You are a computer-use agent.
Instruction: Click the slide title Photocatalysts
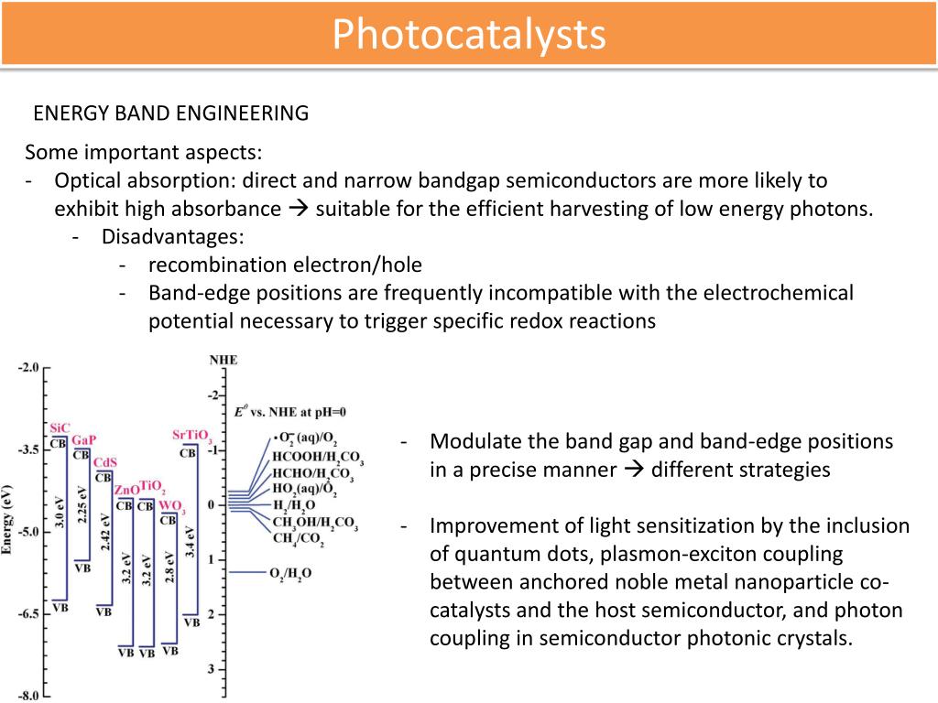point(468,35)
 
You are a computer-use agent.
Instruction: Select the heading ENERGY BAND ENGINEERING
point(171,113)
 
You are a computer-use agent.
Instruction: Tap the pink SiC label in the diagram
point(60,427)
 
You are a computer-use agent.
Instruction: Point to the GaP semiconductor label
point(83,439)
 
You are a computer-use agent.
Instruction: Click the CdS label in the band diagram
point(105,462)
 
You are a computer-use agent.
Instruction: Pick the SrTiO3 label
point(192,435)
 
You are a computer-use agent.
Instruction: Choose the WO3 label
point(171,504)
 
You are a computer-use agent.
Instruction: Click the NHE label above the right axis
point(223,360)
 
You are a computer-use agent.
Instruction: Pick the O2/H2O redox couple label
point(290,573)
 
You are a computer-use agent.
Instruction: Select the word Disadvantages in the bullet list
point(172,236)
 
